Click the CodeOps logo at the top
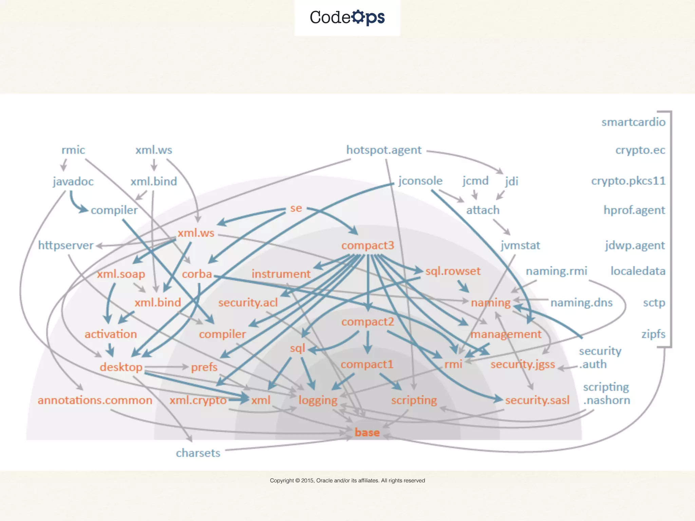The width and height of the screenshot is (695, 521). pos(347,17)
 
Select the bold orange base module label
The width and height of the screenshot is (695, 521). pos(367,432)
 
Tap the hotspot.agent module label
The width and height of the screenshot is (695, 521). pos(383,150)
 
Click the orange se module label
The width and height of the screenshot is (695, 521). pos(296,208)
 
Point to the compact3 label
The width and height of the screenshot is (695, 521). pos(368,245)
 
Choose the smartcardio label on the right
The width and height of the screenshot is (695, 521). pos(633,122)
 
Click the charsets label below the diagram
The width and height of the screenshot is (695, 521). pos(198,453)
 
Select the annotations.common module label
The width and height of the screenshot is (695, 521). pos(95,400)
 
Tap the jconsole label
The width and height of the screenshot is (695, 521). pos(420,181)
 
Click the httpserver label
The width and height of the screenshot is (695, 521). pos(65,245)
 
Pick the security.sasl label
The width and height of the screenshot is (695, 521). pos(537,400)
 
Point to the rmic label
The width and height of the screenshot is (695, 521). pos(73,150)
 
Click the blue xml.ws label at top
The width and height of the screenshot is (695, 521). pos(154,150)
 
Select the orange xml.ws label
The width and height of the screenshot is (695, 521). pos(196,233)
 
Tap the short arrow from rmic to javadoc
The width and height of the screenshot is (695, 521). pos(63,166)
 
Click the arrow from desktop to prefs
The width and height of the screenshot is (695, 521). pos(166,367)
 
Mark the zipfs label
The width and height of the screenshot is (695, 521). pos(653,334)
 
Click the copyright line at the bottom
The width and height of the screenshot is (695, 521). pos(347,480)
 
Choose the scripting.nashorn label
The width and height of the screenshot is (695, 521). pos(606,393)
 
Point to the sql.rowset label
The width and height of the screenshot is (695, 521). pos(453,271)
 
